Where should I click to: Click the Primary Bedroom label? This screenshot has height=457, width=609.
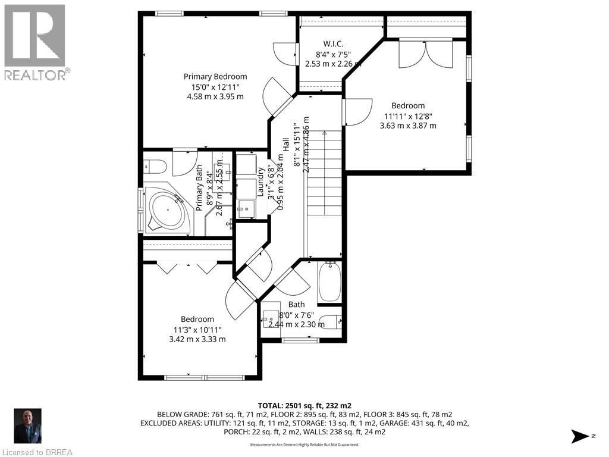pyautogui.click(x=215, y=76)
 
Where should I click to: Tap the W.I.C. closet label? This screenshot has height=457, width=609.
pyautogui.click(x=332, y=43)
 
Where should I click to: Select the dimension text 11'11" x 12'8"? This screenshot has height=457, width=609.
pyautogui.click(x=407, y=116)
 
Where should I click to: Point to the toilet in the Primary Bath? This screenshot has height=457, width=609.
pyautogui.click(x=152, y=165)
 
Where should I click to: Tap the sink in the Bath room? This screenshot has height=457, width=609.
pyautogui.click(x=271, y=319)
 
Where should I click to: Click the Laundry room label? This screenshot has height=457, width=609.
pyautogui.click(x=260, y=181)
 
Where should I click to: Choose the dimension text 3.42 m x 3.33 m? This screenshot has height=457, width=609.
pyautogui.click(x=197, y=339)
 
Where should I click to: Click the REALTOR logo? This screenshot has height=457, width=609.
pyautogui.click(x=35, y=42)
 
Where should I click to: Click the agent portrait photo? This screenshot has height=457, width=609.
pyautogui.click(x=28, y=426)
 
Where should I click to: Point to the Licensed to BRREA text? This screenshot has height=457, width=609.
pyautogui.click(x=37, y=452)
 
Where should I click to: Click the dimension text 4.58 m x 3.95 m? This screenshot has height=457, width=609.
pyautogui.click(x=215, y=96)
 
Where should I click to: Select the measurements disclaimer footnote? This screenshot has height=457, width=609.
pyautogui.click(x=304, y=445)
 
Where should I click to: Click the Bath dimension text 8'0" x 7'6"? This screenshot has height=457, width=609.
pyautogui.click(x=296, y=315)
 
